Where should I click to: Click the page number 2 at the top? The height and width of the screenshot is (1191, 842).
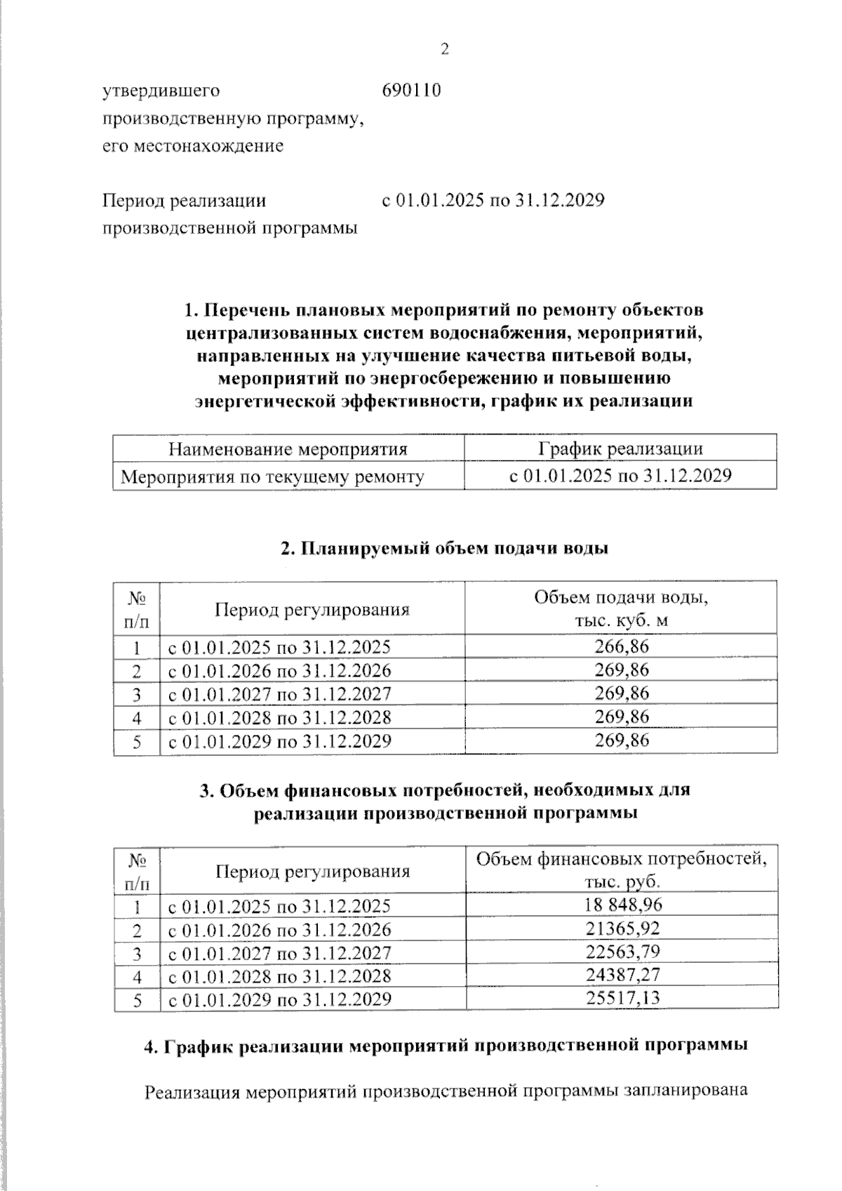click(x=443, y=49)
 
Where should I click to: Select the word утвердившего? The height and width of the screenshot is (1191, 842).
click(x=161, y=91)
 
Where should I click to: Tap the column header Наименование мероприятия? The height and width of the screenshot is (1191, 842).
click(x=288, y=449)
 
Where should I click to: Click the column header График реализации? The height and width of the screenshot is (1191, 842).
click(x=620, y=449)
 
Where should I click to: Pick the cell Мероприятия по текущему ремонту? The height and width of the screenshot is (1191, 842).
click(x=272, y=477)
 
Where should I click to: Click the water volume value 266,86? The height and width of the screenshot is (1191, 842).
click(x=621, y=646)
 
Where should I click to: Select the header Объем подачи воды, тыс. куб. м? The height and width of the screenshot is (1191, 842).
click(x=621, y=608)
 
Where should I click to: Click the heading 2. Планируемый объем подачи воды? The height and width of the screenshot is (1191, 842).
click(x=444, y=549)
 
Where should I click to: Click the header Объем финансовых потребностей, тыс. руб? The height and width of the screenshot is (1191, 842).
click(x=621, y=870)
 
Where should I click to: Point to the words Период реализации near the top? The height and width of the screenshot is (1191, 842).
click(x=185, y=201)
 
